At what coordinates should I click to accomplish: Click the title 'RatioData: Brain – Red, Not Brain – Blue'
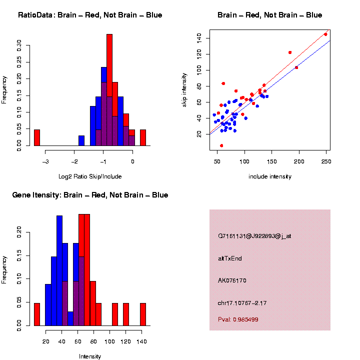click(90, 15)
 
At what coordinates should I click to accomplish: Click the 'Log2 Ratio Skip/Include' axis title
click(90, 176)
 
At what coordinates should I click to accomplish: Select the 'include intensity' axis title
click(270, 176)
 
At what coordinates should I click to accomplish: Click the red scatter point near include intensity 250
click(325, 34)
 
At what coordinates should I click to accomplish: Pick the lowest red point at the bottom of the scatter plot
click(221, 145)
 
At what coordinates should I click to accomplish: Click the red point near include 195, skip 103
click(296, 67)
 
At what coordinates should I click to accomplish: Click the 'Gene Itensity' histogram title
click(90, 195)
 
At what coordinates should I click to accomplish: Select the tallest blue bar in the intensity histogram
click(59, 270)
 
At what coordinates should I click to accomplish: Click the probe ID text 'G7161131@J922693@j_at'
click(254, 236)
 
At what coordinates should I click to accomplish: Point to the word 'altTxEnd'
click(230, 258)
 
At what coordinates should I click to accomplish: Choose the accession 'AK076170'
click(232, 280)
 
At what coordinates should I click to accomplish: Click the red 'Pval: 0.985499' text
click(238, 319)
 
